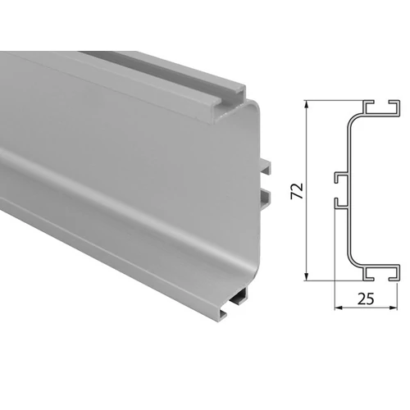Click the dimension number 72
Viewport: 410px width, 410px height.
point(297,190)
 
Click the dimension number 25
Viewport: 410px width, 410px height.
point(366,299)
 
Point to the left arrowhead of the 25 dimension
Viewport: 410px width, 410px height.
point(339,308)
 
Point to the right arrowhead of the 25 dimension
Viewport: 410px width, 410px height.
point(394,308)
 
